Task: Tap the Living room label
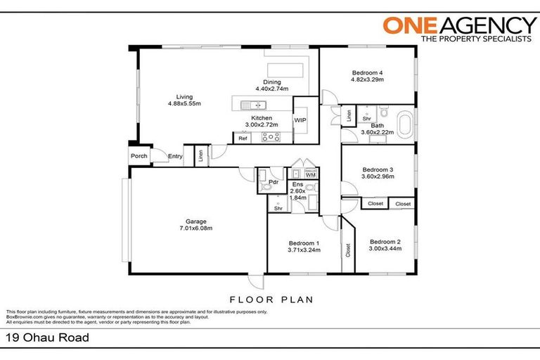tap(184, 97)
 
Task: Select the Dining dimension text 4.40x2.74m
tap(271, 89)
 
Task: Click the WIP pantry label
tap(300, 120)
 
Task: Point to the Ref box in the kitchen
tap(243, 139)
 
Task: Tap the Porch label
tap(139, 156)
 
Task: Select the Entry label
tap(174, 156)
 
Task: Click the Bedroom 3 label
tap(378, 169)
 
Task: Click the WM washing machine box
tap(310, 175)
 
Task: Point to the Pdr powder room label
tap(274, 182)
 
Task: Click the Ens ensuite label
tap(297, 184)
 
